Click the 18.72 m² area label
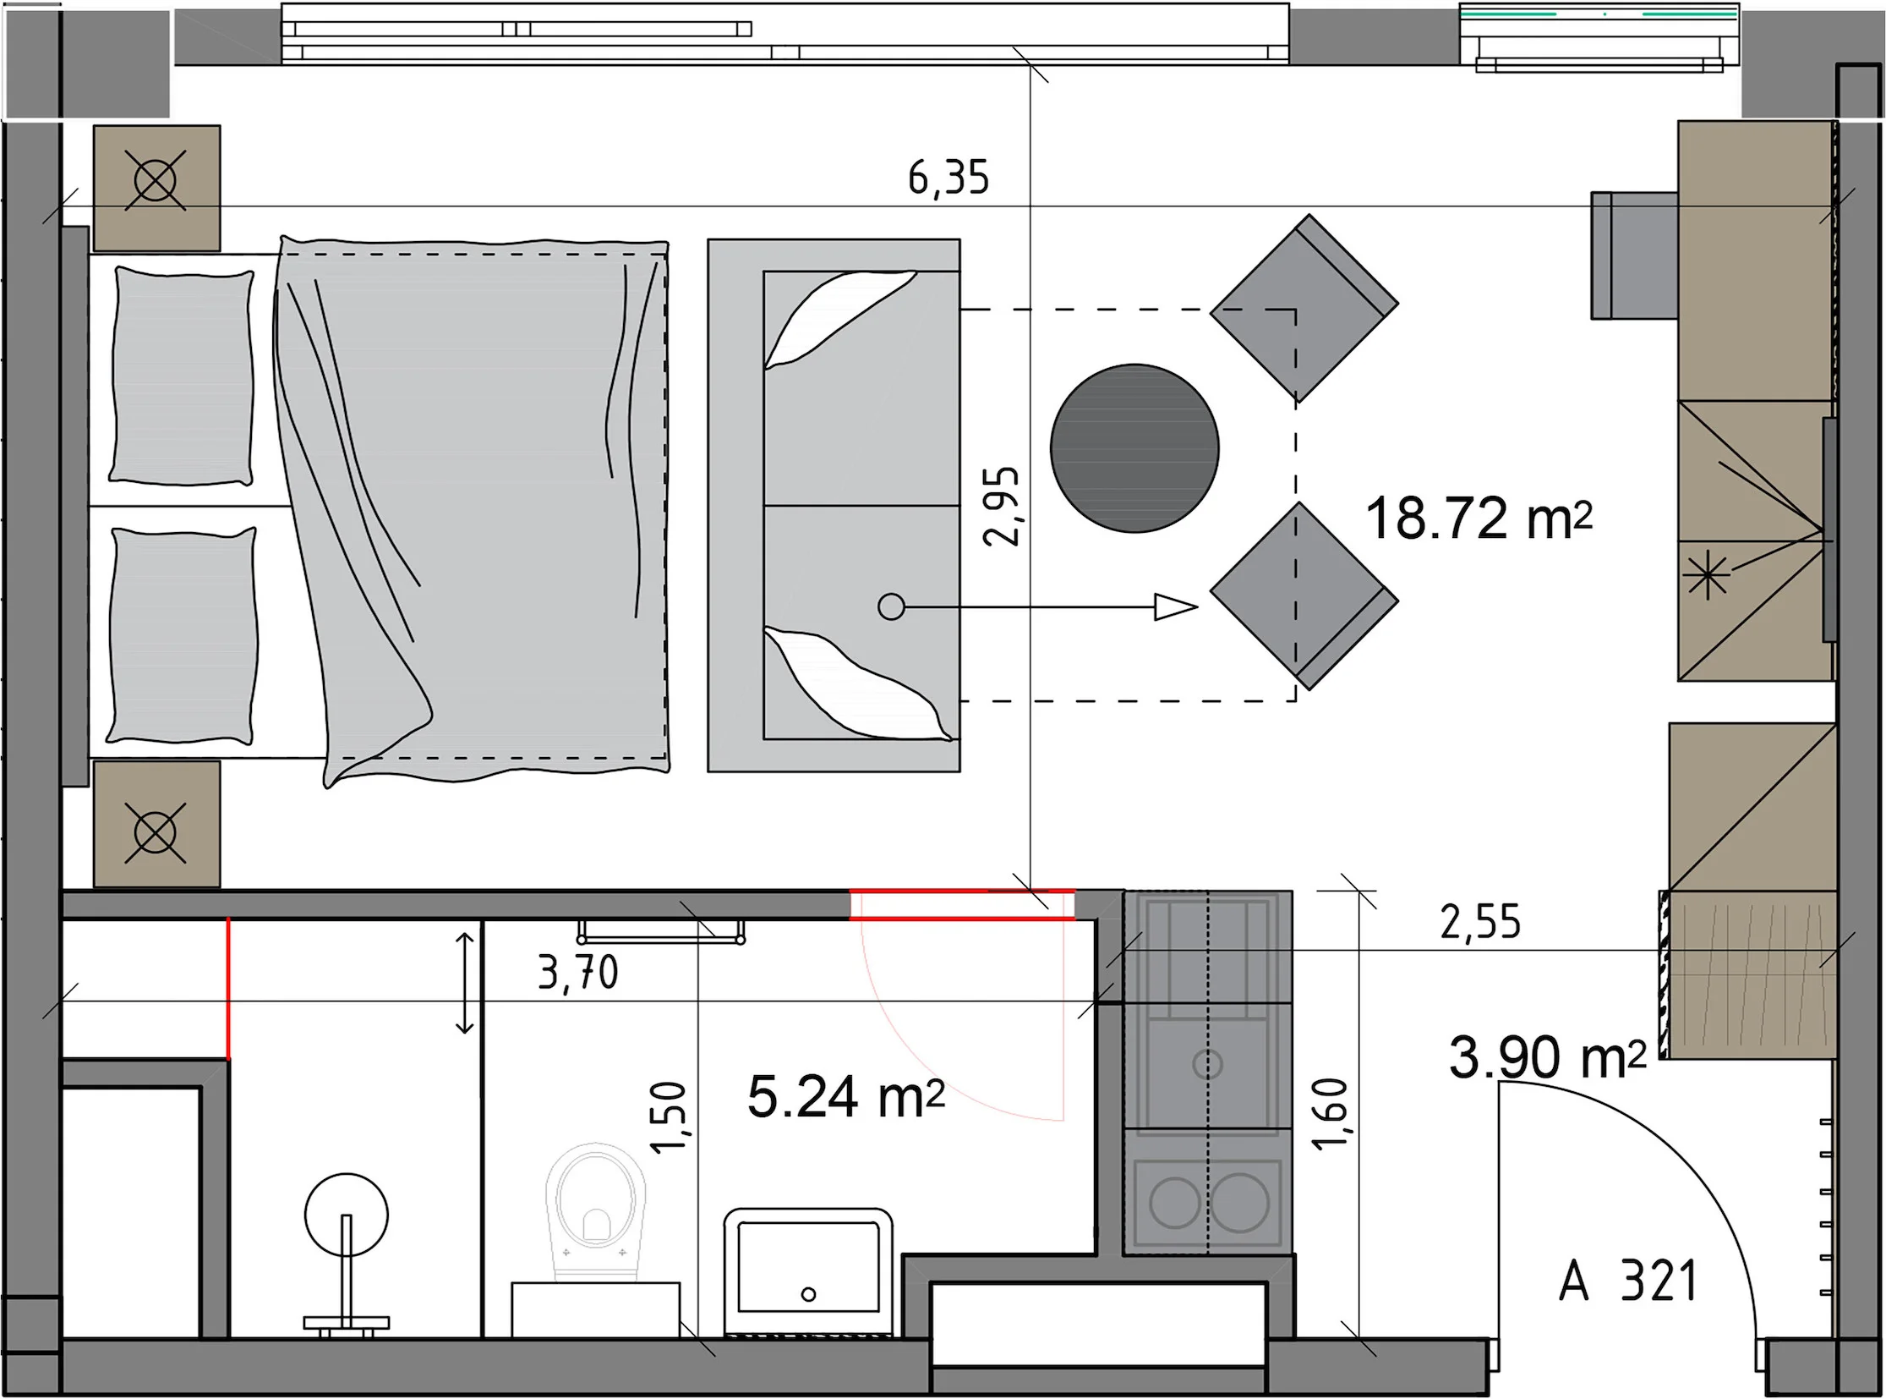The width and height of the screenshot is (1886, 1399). coord(1479,518)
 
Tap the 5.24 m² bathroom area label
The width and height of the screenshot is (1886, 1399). coord(845,1098)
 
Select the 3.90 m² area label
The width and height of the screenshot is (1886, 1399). coord(1547,1058)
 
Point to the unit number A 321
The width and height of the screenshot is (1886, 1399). coord(1628,1281)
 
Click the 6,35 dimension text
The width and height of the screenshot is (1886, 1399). coord(948,178)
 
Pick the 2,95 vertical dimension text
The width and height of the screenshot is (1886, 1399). coord(1003,506)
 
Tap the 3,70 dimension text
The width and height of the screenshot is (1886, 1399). coord(578,973)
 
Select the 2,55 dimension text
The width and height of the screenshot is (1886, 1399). coord(1480,922)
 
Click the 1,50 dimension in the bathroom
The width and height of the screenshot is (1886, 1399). coord(668,1118)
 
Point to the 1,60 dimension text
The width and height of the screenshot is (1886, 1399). coord(1329,1114)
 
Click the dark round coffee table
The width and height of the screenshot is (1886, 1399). coord(1134,448)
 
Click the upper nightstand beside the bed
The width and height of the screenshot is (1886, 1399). coord(156,188)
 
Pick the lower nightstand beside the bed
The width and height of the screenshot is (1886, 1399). coord(156,823)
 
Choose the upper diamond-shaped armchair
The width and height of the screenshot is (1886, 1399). coord(1304,307)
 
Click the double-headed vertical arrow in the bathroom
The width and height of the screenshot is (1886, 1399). coord(465,983)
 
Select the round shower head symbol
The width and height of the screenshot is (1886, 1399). coord(347,1215)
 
